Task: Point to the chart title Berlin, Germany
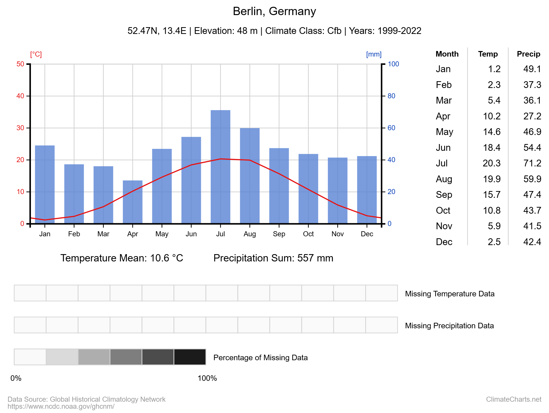coord(274,11)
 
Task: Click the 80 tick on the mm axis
coord(391,96)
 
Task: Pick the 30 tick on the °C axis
coord(20,128)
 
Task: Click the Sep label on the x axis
coord(279,234)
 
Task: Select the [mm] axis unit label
coord(374,54)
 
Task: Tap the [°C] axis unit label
coord(36,54)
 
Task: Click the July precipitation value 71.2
coord(532,163)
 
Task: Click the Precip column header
coord(528,54)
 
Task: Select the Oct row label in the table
coord(443,210)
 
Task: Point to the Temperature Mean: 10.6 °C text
coord(122,258)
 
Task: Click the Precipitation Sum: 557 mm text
coord(273,258)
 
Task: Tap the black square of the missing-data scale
coord(190,357)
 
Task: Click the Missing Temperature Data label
coord(450,294)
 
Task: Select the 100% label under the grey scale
coord(207,378)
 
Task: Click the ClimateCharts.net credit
coord(513,399)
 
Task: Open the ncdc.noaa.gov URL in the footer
coord(61,406)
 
